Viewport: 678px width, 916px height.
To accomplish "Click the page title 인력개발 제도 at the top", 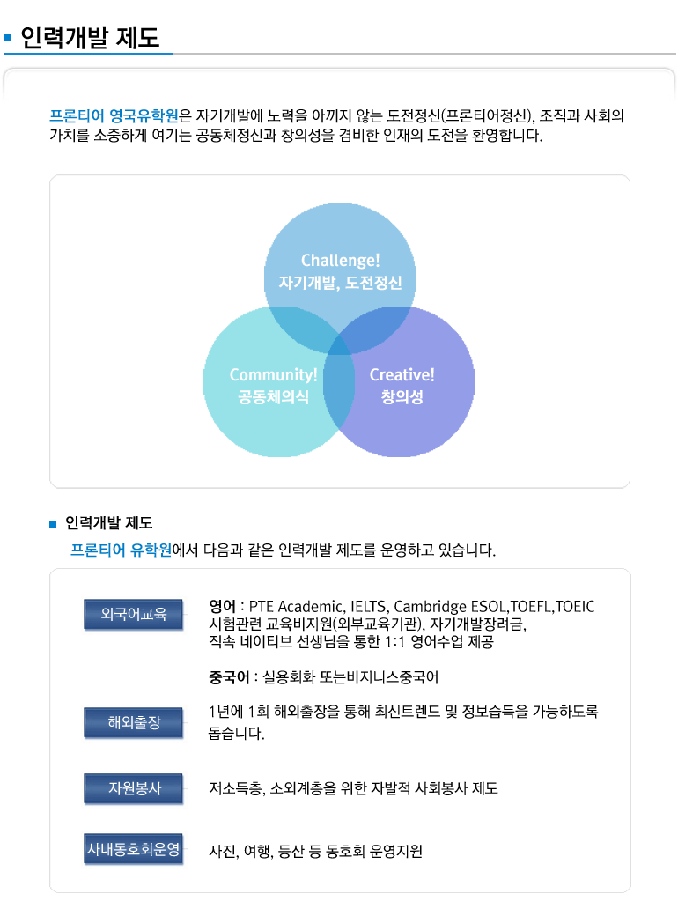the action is pyautogui.click(x=90, y=37).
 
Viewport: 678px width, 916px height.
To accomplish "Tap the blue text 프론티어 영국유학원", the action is pyautogui.click(x=114, y=115).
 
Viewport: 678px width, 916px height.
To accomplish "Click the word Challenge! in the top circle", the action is pyautogui.click(x=341, y=260).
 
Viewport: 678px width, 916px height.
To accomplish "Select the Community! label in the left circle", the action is pyautogui.click(x=273, y=374).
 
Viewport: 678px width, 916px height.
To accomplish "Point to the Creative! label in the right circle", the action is pyautogui.click(x=402, y=374).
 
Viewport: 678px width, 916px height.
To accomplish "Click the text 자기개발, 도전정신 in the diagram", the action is pyautogui.click(x=341, y=283).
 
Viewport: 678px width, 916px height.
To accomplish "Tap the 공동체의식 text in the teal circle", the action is pyautogui.click(x=273, y=397).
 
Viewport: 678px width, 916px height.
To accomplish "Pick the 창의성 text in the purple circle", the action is pyautogui.click(x=402, y=397).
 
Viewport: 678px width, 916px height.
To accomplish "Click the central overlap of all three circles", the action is pyautogui.click(x=339, y=344).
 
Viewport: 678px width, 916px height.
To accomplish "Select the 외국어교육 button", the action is pyautogui.click(x=133, y=614).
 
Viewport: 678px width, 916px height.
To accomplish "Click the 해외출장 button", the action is pyautogui.click(x=133, y=722).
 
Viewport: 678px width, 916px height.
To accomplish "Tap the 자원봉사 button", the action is pyautogui.click(x=133, y=788).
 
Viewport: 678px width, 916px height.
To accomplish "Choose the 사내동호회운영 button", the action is pyautogui.click(x=133, y=849).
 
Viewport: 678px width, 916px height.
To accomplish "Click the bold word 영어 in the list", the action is pyautogui.click(x=223, y=606).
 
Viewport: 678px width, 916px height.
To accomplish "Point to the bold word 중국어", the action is pyautogui.click(x=229, y=677).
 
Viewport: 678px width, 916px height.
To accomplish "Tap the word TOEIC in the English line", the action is pyautogui.click(x=575, y=606).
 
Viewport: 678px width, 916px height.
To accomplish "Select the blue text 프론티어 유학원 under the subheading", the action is pyautogui.click(x=121, y=550).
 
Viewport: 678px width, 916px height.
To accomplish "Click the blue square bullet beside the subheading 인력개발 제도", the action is pyautogui.click(x=53, y=524).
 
